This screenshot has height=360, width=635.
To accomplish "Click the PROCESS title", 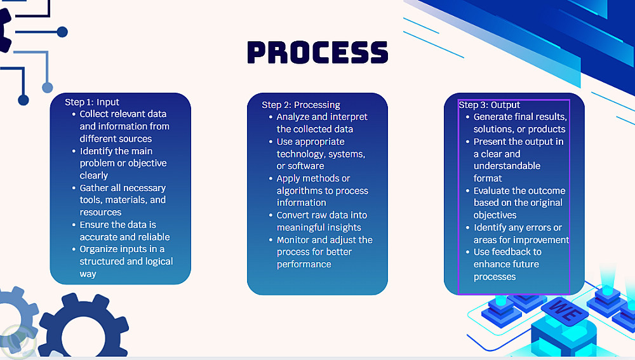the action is coord(317,52).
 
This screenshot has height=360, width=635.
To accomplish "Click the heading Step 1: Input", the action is coord(92,102).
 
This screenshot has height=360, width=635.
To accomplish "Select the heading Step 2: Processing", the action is coord(301,105).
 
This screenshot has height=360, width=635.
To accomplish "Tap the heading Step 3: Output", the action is coord(489,105).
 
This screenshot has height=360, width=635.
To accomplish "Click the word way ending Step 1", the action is coord(88,274).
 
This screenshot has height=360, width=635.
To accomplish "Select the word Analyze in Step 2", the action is coord(292,117).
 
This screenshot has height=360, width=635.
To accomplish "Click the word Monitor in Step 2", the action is coord(293,240).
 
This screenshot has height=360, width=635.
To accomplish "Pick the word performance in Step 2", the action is coord(304,264).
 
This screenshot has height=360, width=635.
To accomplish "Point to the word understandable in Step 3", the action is coord(507,166).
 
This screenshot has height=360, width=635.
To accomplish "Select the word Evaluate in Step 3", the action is coord(491,190).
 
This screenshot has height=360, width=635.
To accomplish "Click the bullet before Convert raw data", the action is coord(271,215).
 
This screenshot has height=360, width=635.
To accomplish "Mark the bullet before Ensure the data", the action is coord(74,225).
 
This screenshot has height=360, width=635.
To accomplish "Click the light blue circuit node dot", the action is coord(48,87).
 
